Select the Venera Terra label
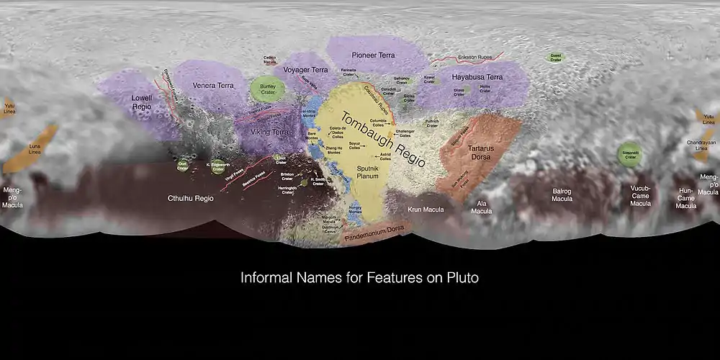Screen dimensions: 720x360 coord(213,86)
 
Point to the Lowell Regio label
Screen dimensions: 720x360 coord(143,102)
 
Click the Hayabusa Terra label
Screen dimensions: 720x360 coord(477,76)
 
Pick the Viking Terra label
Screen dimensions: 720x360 coord(269,132)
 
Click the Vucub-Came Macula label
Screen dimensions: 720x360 coord(640,196)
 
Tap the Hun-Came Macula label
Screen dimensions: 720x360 coord(685,199)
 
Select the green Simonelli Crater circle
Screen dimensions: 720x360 coord(631,155)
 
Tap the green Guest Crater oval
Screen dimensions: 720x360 coord(555,56)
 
